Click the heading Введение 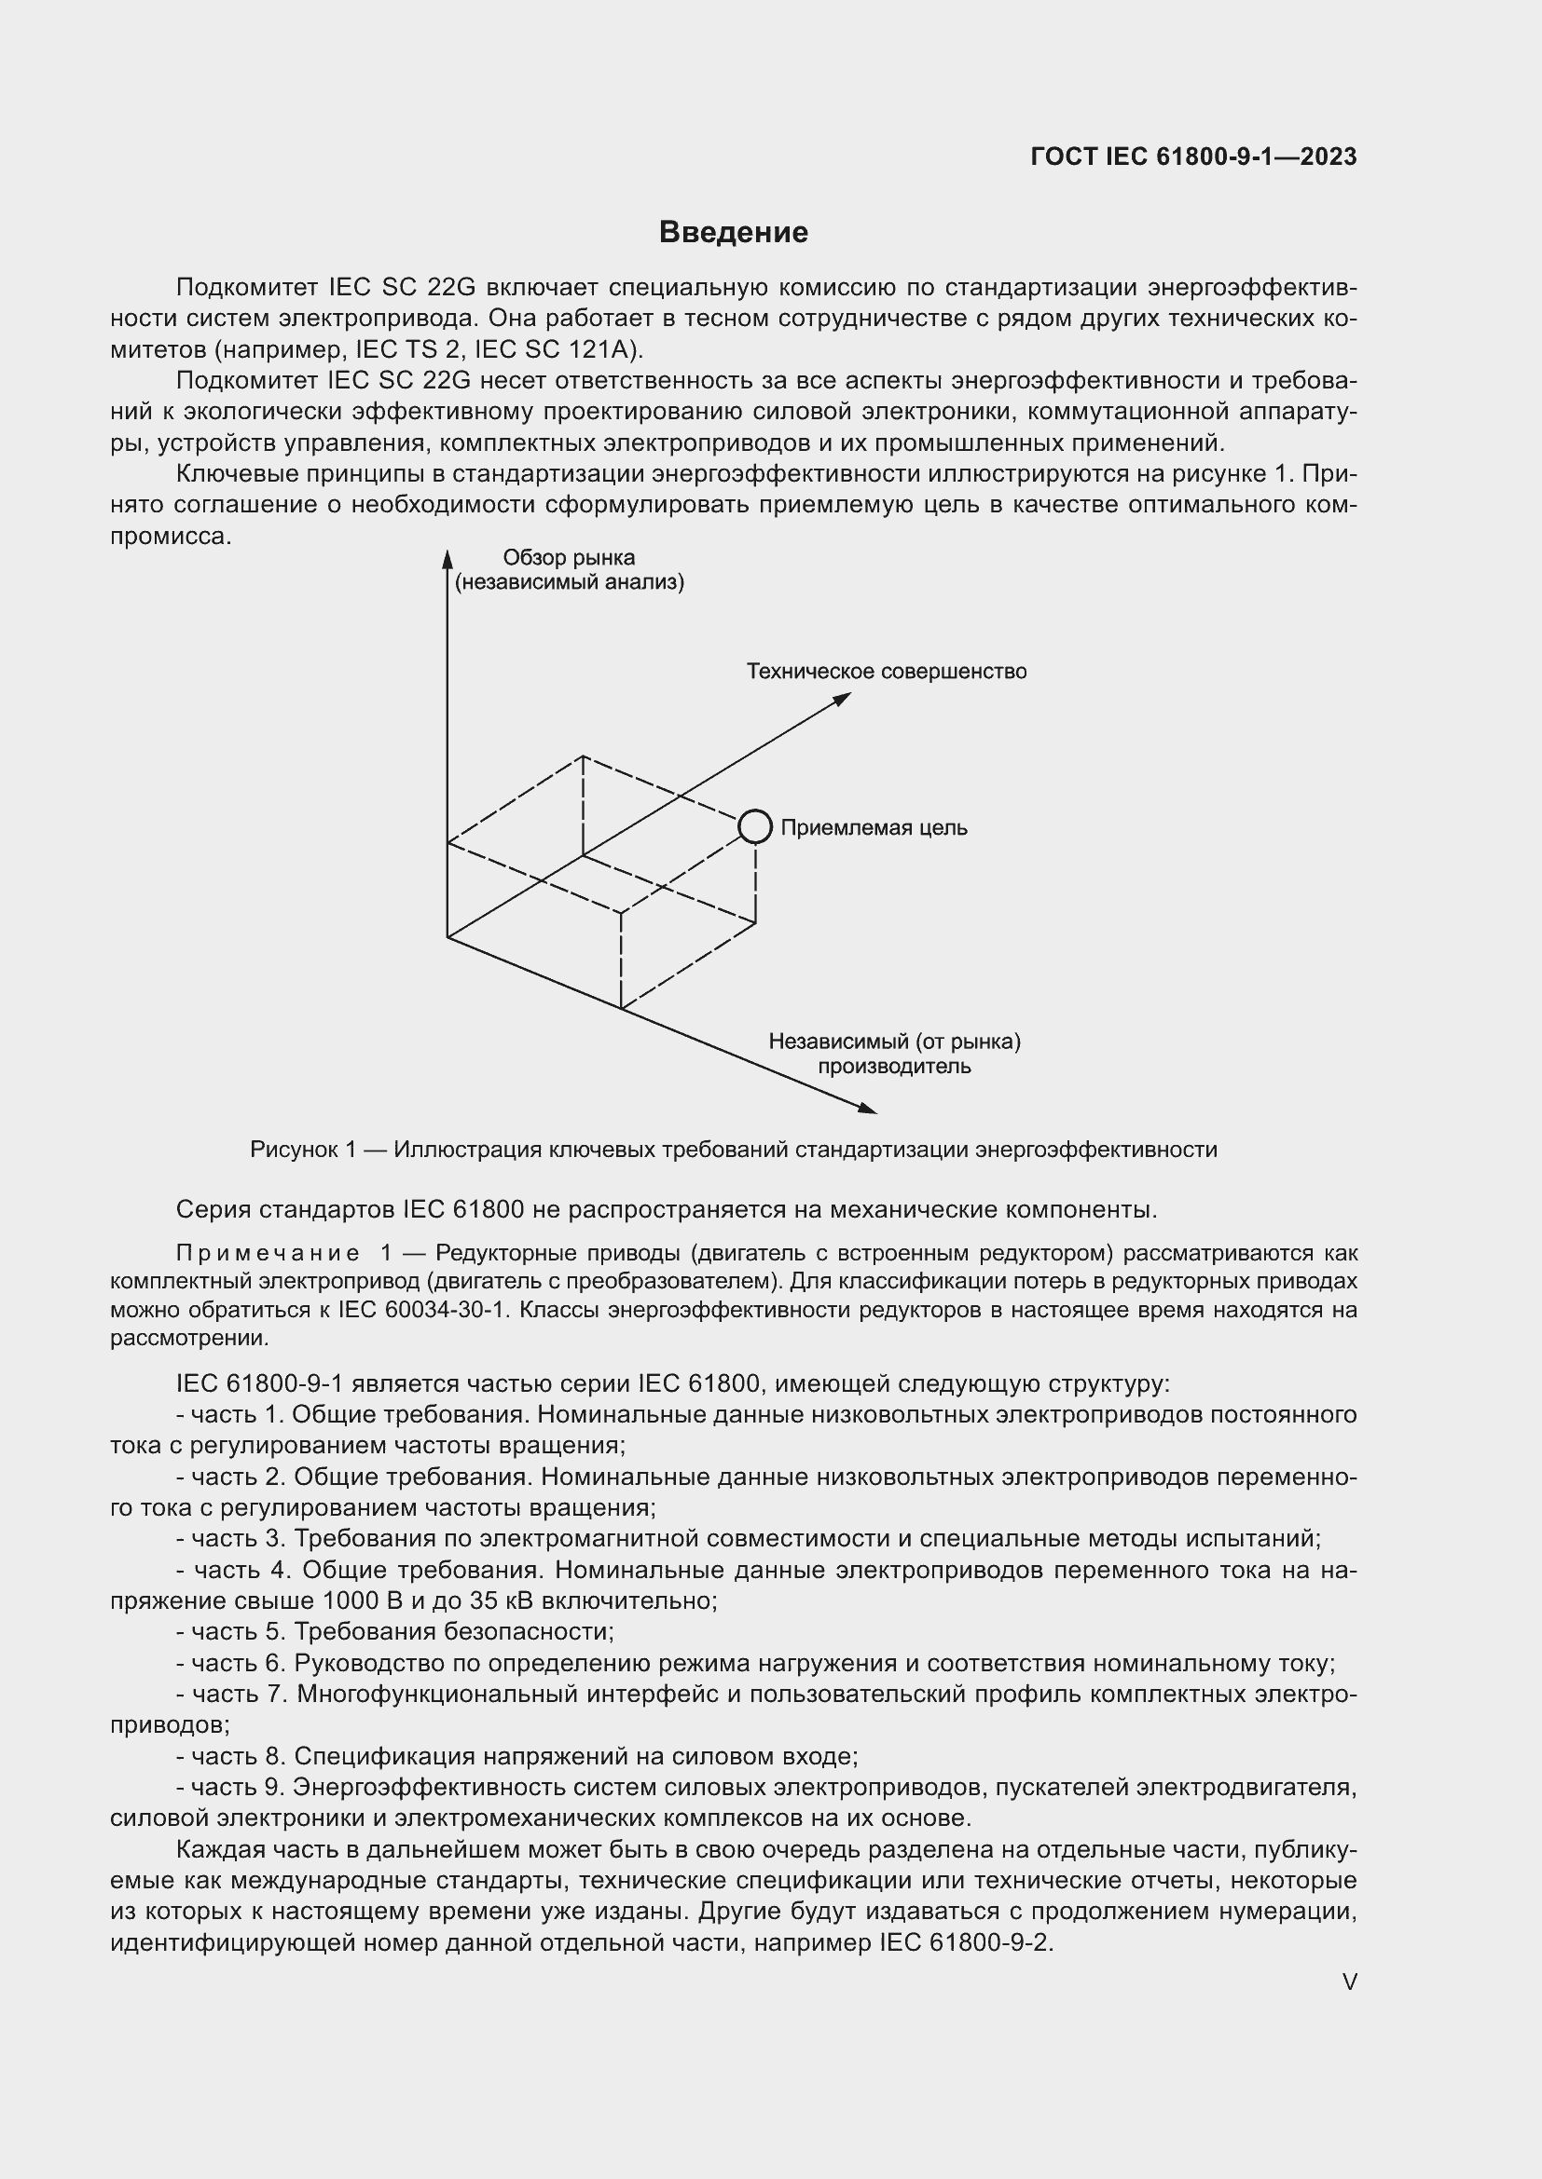733,233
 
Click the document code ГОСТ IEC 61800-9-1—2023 1193,157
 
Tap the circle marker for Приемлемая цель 755,826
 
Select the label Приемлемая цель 874,827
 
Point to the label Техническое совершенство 886,672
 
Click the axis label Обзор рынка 569,558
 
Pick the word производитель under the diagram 894,1066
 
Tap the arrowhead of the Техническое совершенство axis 842,699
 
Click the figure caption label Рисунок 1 303,1151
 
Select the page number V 1349,1982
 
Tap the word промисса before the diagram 171,537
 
